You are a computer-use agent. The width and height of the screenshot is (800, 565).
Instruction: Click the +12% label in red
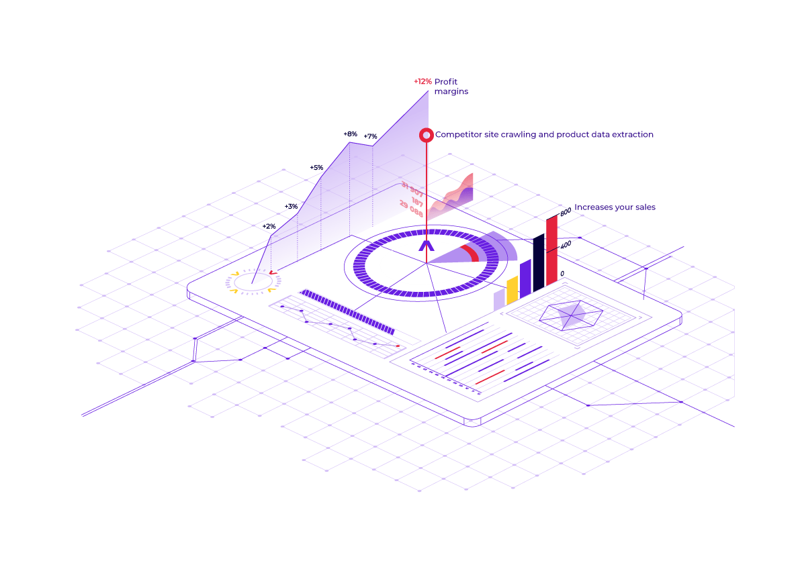(x=423, y=82)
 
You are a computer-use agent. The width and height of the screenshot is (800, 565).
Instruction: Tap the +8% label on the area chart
(x=350, y=134)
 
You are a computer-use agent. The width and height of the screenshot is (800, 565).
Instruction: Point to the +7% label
(x=370, y=137)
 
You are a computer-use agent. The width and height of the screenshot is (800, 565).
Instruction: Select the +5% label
(x=316, y=168)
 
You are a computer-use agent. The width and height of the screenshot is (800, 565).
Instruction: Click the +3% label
(x=291, y=207)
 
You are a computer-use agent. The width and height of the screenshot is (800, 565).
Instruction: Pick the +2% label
(x=269, y=227)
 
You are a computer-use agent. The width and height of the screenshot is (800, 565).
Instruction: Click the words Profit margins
(x=451, y=87)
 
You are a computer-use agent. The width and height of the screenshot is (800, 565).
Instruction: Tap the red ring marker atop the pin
(x=427, y=135)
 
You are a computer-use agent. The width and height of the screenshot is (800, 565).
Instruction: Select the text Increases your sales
(x=615, y=207)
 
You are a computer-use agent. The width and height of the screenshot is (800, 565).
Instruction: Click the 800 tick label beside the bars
(x=565, y=212)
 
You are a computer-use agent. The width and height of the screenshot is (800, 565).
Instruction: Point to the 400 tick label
(x=565, y=246)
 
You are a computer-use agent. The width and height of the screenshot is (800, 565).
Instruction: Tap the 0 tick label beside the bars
(x=562, y=273)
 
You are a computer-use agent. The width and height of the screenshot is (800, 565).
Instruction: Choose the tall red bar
(x=551, y=252)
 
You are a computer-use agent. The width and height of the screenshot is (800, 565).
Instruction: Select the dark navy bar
(x=539, y=263)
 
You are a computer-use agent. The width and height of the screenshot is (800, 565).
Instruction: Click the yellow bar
(x=513, y=289)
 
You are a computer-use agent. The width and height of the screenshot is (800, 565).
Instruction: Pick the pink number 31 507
(x=412, y=189)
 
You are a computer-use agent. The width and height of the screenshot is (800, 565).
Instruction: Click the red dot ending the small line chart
(x=398, y=346)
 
